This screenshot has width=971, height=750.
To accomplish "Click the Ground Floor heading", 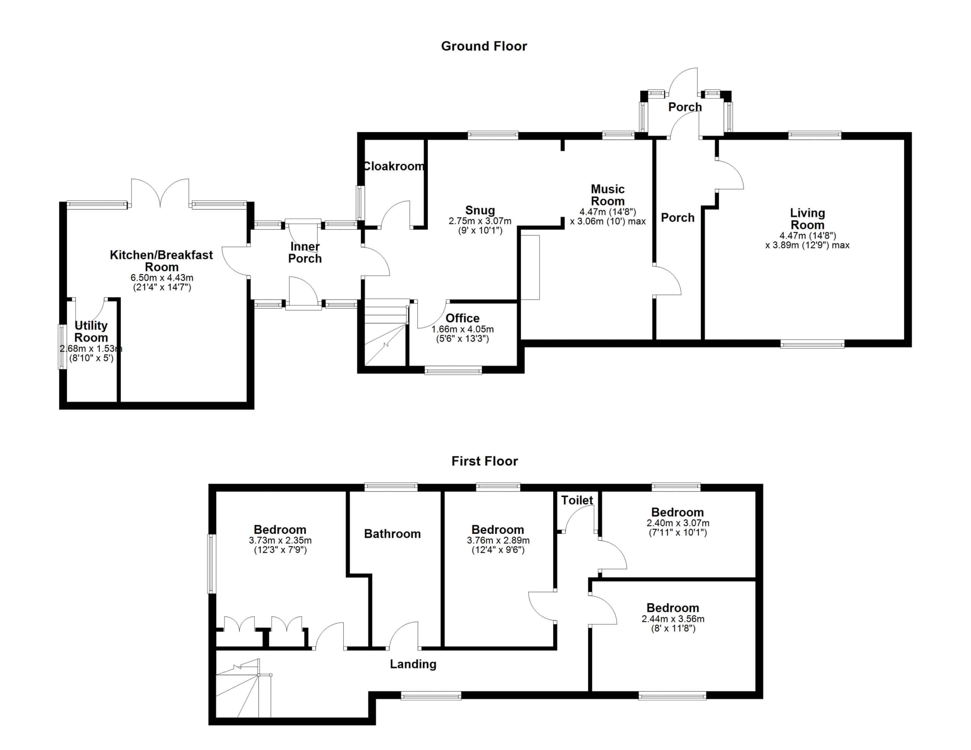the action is (x=484, y=46).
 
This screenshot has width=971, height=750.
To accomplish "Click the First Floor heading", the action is (x=485, y=461).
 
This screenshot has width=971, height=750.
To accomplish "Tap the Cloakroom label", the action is (x=394, y=166).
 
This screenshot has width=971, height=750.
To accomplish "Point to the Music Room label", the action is (x=608, y=195).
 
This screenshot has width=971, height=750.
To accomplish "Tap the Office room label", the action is (x=462, y=319).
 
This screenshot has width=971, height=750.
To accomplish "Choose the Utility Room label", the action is (x=91, y=331).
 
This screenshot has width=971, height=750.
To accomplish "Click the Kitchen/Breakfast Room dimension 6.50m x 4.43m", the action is (x=162, y=278).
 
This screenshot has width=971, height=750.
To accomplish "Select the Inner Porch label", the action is (x=305, y=253).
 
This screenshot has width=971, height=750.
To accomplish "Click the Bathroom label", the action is (x=392, y=534).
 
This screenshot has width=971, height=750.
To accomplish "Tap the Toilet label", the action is (x=577, y=500).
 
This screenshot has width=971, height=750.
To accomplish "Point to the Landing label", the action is (x=413, y=664).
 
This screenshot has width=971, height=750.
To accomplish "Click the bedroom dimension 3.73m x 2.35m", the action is (x=280, y=541).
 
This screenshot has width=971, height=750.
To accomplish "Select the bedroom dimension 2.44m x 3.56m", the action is (x=673, y=619).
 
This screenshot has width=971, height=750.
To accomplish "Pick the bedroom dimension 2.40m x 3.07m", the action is (x=678, y=523).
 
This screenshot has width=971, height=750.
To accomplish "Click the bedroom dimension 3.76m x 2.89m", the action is (x=498, y=541).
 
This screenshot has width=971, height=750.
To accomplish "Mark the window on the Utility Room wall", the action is (x=62, y=347).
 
